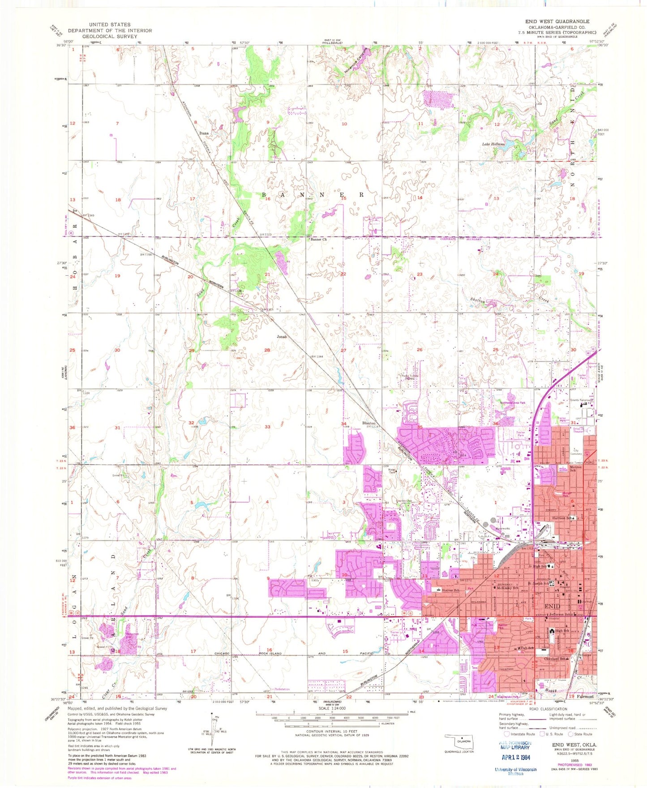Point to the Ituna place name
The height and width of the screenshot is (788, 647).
click(x=204, y=133)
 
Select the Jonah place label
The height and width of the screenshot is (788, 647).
click(x=281, y=336)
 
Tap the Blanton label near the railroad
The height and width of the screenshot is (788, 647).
click(x=369, y=423)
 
